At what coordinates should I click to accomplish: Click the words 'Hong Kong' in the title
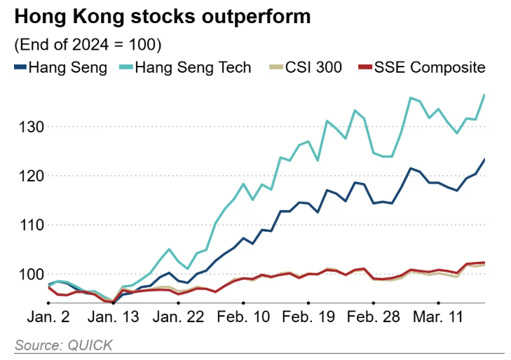[59, 15]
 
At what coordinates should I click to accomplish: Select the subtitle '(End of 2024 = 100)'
[88, 45]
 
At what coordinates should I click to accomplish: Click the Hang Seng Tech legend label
[193, 68]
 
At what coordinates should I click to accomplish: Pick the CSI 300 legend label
[313, 68]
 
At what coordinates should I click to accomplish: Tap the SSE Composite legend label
[430, 68]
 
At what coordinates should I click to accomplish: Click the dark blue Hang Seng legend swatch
[20, 68]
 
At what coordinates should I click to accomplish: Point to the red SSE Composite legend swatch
[364, 68]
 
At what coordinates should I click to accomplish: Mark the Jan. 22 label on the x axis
[179, 318]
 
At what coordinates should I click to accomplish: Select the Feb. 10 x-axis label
[243, 318]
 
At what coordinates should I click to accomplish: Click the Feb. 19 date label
[308, 318]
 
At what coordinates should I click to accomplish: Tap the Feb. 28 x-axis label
[373, 318]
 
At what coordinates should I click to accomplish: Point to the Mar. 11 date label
[437, 318]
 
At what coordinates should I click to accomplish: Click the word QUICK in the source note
[90, 345]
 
